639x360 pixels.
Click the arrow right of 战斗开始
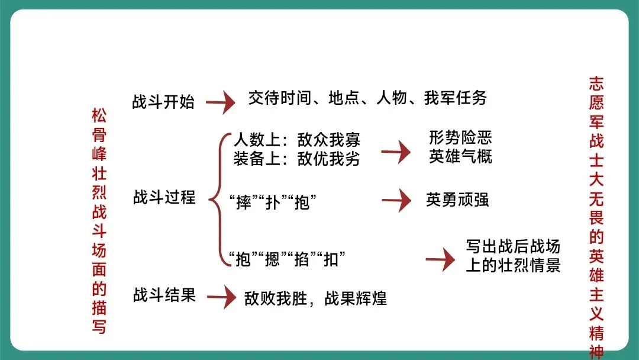pos(220,102)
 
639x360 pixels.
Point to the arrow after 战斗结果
pos(221,297)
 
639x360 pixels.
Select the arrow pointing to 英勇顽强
pos(396,200)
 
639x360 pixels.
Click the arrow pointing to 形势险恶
pos(395,152)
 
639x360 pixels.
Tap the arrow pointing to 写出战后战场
pos(440,260)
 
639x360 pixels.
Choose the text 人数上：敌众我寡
pos(296,141)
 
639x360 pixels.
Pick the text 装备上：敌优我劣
pos(296,159)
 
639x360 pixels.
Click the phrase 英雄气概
pos(460,157)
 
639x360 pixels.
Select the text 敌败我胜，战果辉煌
pos(315,298)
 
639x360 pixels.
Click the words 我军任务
pos(455,98)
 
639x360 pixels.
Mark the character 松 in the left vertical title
pos(99,115)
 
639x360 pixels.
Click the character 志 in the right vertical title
pos(596,82)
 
